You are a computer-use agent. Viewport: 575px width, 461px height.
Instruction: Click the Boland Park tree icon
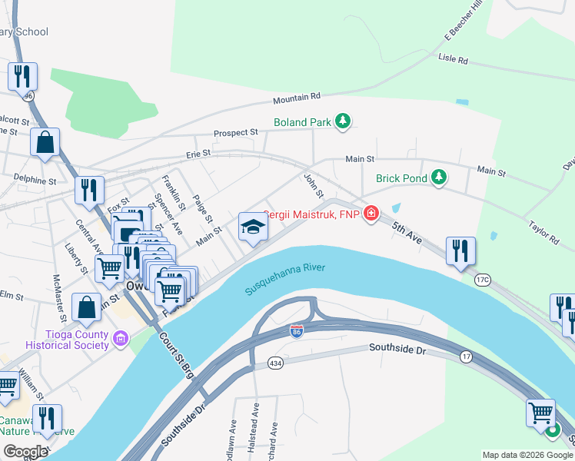(x=342, y=121)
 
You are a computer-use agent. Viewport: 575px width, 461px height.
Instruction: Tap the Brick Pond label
(x=401, y=178)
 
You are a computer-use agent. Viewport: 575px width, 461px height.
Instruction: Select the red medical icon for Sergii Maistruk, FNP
(x=371, y=213)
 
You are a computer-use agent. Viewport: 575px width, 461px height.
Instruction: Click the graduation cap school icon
(x=253, y=227)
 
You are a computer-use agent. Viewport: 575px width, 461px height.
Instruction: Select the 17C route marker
(x=482, y=279)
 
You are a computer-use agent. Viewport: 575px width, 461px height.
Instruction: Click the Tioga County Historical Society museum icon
(x=120, y=338)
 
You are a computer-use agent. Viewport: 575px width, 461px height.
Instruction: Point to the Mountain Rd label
(x=296, y=98)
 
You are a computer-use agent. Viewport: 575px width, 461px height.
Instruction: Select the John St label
(x=314, y=184)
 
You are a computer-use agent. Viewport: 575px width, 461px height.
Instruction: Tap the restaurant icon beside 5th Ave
(x=460, y=251)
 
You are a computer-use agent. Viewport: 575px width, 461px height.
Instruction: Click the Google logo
(x=25, y=452)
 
